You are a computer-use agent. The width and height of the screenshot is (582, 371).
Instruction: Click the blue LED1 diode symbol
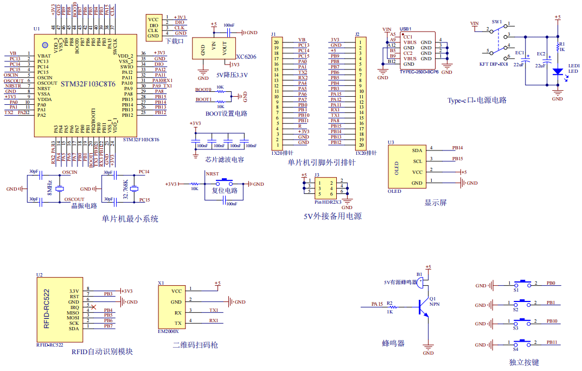(557, 71)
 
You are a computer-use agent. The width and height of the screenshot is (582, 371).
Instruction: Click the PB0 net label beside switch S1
(551, 283)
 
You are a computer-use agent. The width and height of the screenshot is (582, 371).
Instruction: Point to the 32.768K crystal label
(126, 188)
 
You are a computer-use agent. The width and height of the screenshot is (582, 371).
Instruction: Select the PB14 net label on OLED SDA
(457, 148)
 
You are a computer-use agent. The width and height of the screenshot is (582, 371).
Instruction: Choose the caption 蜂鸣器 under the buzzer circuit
(393, 343)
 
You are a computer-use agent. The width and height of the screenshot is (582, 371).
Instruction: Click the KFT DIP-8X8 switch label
(494, 64)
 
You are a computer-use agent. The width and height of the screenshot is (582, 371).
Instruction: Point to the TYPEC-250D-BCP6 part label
(418, 72)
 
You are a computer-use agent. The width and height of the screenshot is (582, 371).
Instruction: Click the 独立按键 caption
(524, 362)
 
